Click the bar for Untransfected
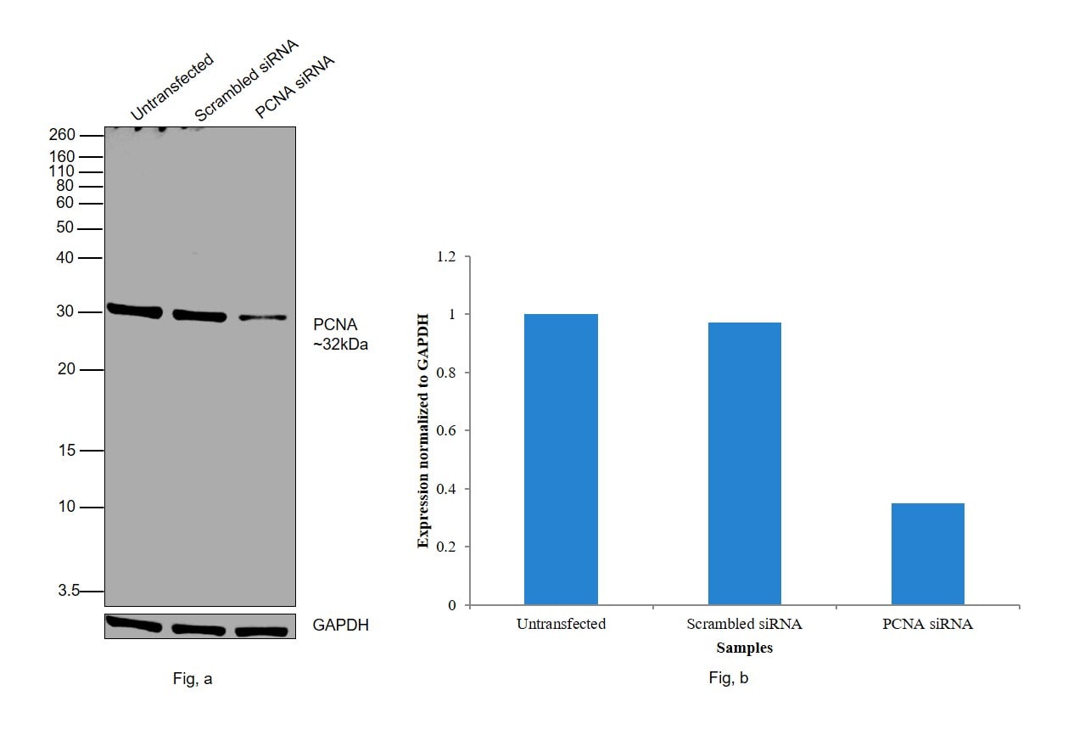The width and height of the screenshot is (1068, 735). coord(561,459)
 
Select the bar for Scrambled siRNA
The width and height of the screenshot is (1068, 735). coord(744,463)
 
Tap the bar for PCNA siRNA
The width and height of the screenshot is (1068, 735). coord(927,553)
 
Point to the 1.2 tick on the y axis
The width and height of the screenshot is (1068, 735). coord(445,256)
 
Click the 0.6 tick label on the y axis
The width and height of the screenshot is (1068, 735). coord(445,431)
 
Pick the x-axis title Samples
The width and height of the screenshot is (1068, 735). coord(744,648)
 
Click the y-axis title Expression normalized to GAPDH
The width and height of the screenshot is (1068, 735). coord(424,430)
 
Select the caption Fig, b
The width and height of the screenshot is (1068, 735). coord(729,678)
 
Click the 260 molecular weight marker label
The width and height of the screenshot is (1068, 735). coord(62,135)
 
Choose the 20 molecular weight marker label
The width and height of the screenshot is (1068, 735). coord(66,370)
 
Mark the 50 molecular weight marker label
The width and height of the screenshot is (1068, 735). coord(65,228)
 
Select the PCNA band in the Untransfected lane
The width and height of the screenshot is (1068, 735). coord(133,311)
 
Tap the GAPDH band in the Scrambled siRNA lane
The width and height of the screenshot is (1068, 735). coord(199,630)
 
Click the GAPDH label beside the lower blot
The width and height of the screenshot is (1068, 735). coord(340,626)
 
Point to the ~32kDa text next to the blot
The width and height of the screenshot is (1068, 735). coord(340,345)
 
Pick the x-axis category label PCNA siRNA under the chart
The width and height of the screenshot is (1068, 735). coord(927,625)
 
